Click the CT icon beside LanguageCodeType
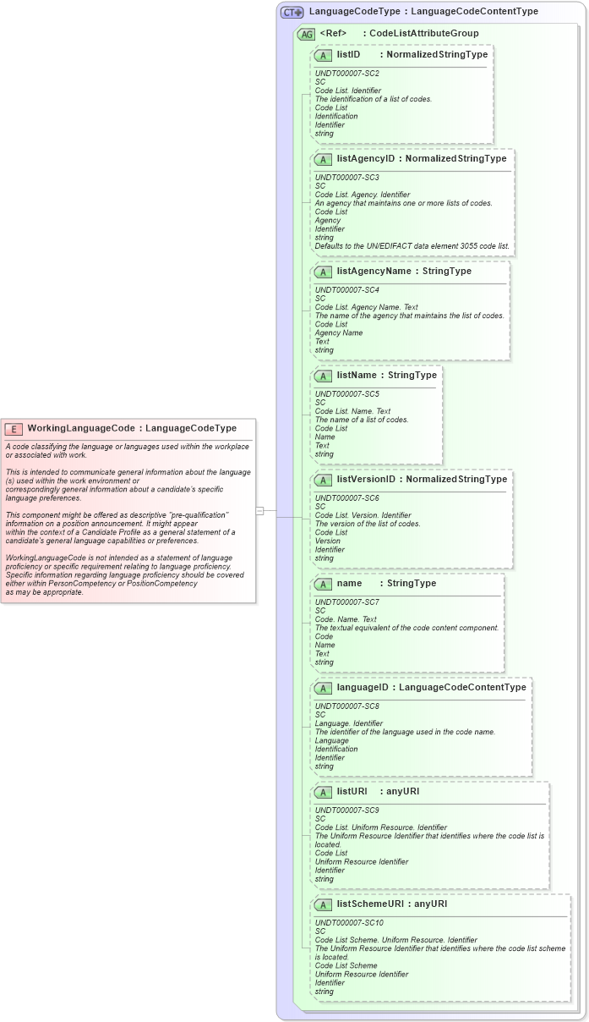(x=292, y=12)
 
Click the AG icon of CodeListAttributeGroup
(x=305, y=34)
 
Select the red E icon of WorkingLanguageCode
(x=14, y=428)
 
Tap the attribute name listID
(x=348, y=54)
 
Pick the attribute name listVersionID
(x=368, y=479)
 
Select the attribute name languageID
(x=364, y=687)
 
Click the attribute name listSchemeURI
(x=368, y=904)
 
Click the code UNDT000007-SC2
(x=346, y=74)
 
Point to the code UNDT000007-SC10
(x=349, y=923)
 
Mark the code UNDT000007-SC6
(x=346, y=498)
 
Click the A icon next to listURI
(x=323, y=792)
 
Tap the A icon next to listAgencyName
(x=323, y=272)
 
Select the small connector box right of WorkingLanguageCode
(x=259, y=510)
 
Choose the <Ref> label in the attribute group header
(x=333, y=33)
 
